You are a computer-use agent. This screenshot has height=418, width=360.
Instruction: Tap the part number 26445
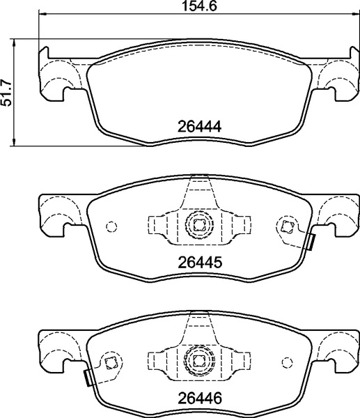(196, 263)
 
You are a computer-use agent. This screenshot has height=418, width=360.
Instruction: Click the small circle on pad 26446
(285, 362)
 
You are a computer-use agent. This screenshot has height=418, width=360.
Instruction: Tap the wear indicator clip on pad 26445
(311, 242)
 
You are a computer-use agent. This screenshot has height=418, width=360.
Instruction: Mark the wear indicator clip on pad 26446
(87, 378)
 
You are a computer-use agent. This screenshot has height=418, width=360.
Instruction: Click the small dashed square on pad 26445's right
(285, 224)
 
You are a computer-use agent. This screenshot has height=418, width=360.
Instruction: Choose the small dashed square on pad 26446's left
(109, 361)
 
